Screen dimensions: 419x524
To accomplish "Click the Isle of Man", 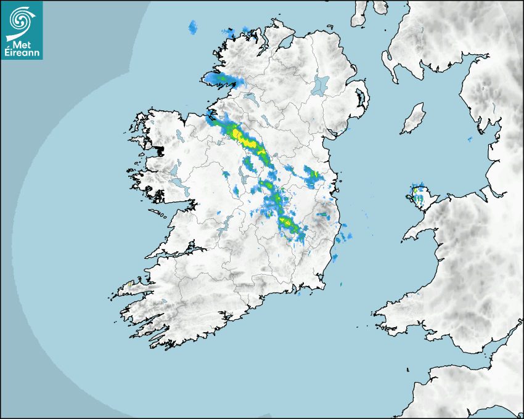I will [414, 119].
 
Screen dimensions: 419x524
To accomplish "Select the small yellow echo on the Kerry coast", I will [129, 284].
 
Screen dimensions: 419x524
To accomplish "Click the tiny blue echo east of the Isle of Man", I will [470, 139].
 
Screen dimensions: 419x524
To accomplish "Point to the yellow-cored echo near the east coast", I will [313, 176].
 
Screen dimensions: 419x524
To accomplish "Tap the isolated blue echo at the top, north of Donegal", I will [194, 27].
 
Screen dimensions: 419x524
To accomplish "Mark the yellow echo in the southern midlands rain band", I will [286, 221].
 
